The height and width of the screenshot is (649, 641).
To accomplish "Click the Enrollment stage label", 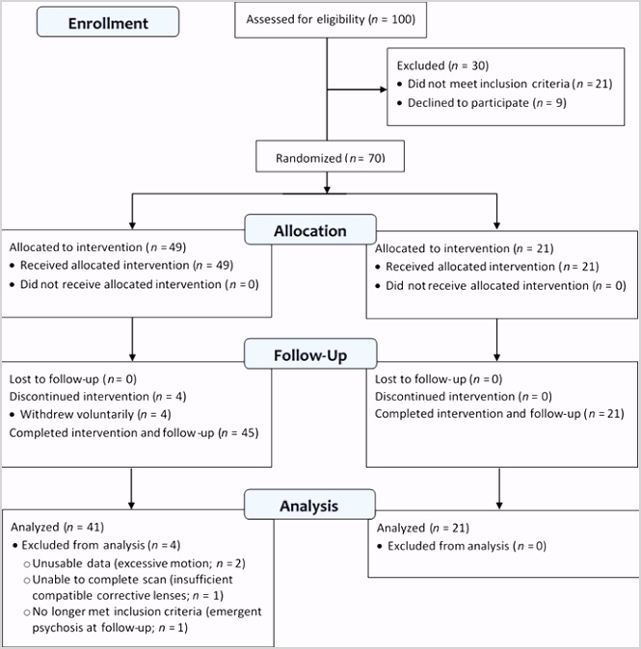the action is pos(108,22).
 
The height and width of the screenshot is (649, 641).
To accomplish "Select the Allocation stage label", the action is pos(310,230).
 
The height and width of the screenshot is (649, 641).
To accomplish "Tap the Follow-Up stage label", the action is pos(310,354).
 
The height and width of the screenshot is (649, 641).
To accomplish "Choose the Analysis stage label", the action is pos(309,505).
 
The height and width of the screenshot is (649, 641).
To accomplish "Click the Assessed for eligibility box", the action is pos(331,20).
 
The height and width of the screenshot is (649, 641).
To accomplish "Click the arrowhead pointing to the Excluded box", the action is pos(384,89).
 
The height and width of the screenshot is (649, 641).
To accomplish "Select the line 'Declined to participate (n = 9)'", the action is pos(487,103).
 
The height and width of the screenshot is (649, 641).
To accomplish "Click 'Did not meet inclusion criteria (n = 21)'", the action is pos(510,84).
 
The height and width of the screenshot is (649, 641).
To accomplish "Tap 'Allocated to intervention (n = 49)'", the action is pos(97,247).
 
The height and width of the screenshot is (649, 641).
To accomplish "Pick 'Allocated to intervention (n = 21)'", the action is pos(464,248).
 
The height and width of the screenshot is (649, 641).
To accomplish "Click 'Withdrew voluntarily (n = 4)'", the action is pos(95,414).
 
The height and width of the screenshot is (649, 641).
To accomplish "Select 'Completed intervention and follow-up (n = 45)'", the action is pos(134,433).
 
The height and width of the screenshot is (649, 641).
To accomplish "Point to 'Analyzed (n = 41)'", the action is pos(57,527).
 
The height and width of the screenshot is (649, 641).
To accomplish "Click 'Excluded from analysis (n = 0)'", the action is pos(467,546).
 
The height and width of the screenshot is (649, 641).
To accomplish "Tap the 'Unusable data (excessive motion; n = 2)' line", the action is pos(139,563).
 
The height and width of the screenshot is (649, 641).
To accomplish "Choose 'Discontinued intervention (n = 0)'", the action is pos(464,397).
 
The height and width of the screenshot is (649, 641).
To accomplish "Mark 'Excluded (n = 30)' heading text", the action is pos(442,65).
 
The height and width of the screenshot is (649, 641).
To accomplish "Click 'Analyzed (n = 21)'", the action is pos(422,528).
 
